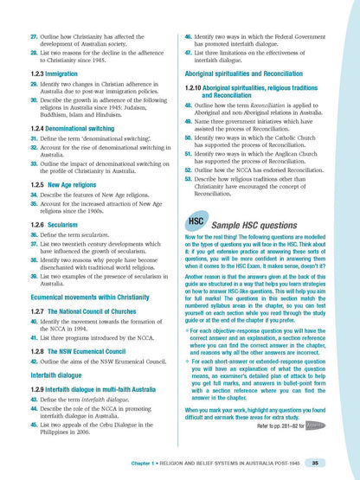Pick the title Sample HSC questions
[259, 224]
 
